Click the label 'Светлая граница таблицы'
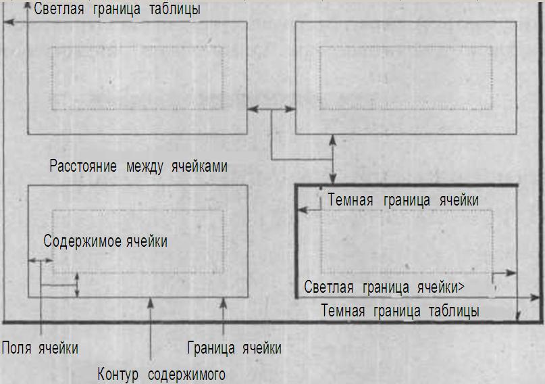(x=117, y=9)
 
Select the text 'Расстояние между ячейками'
(x=138, y=166)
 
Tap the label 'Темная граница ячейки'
(x=403, y=200)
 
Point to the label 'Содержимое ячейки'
(x=105, y=241)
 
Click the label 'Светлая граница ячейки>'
(x=384, y=287)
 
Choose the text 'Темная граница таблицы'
(x=400, y=310)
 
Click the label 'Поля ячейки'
(x=40, y=347)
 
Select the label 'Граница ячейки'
(x=234, y=347)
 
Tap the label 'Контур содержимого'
(x=161, y=375)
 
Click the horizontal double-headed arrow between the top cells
(x=271, y=109)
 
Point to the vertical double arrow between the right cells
(x=333, y=160)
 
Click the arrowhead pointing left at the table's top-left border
(x=8, y=22)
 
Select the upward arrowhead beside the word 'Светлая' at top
(x=28, y=6)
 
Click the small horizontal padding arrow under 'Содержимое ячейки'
(x=41, y=260)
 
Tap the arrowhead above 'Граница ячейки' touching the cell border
(x=224, y=303)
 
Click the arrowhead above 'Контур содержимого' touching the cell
(x=150, y=303)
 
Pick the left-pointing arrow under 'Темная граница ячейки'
(x=310, y=210)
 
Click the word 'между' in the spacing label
(x=145, y=166)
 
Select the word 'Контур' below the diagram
(x=118, y=375)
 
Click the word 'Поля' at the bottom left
(x=17, y=347)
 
